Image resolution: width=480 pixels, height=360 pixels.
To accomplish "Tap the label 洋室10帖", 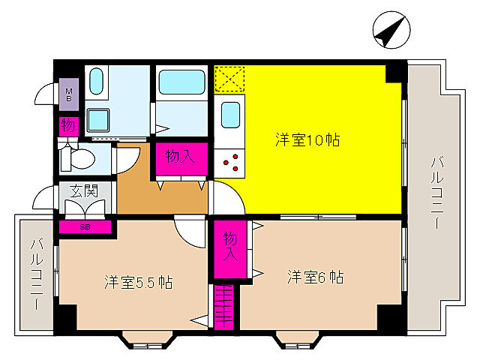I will [x=307, y=139].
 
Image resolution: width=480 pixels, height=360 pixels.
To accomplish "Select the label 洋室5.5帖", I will [x=139, y=283].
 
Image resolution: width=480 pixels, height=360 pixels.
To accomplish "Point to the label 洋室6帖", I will [x=315, y=277].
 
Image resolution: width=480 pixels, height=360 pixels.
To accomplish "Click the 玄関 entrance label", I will [x=84, y=191].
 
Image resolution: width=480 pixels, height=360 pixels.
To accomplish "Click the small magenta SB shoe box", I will [x=85, y=225].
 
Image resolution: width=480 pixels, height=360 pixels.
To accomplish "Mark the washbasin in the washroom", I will [x=98, y=118].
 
